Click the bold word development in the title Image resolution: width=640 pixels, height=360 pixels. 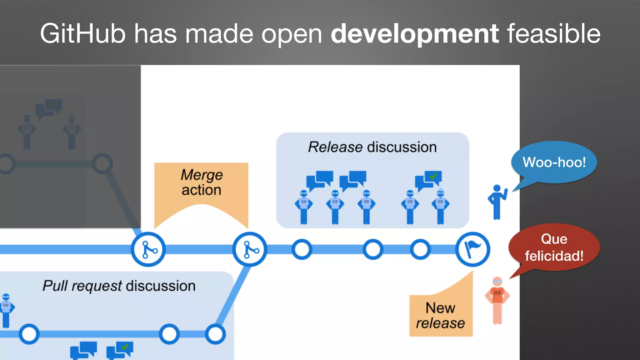click(414, 34)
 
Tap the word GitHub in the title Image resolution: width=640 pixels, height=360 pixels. click(82, 34)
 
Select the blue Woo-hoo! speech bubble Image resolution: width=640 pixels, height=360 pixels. click(554, 162)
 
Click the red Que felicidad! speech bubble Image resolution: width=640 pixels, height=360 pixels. click(554, 247)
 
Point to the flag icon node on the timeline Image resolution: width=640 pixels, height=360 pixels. click(472, 249)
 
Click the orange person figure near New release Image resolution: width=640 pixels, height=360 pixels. click(497, 300)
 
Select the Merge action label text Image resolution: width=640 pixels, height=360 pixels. click(202, 182)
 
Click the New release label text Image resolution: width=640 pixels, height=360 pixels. click(440, 316)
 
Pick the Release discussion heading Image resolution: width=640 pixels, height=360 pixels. click(372, 147)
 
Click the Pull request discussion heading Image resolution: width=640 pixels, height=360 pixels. click(119, 286)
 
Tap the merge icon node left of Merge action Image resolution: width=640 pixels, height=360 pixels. click(148, 249)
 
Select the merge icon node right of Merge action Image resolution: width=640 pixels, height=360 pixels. click(249, 249)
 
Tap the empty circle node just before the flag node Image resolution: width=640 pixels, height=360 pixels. click(420, 249)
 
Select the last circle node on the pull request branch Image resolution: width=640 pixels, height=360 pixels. click(215, 334)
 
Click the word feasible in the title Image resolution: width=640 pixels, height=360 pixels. click(553, 34)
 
